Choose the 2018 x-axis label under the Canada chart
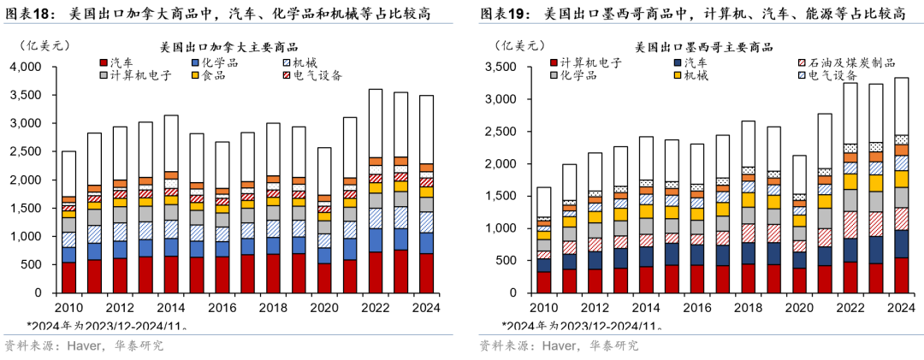pyautogui.click(x=274, y=308)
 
